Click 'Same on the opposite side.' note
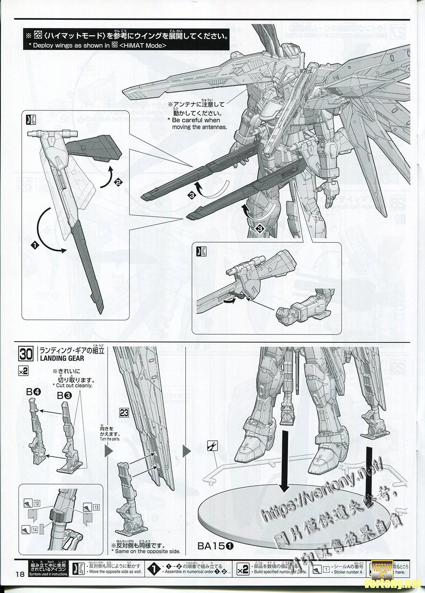(x=146, y=551)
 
